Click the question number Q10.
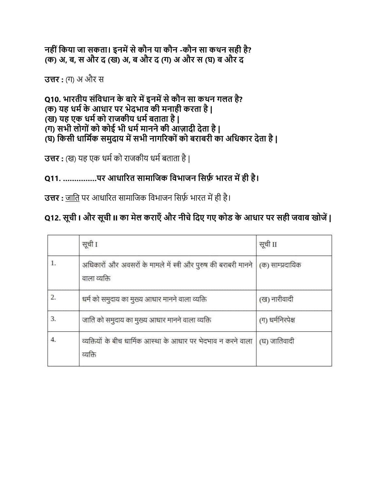click(52, 99)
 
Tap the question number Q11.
click(52, 178)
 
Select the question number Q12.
click(52, 218)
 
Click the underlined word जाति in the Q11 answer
click(72, 198)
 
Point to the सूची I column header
click(90, 244)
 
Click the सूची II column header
click(268, 244)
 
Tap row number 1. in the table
click(53, 263)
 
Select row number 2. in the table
click(53, 297)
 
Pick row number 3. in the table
click(53, 318)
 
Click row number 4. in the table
click(53, 340)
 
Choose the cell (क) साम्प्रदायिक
click(280, 265)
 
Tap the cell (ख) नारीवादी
click(276, 299)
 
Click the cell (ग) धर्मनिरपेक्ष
click(277, 320)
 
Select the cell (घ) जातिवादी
click(277, 341)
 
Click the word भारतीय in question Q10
click(75, 99)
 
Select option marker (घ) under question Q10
click(50, 139)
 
